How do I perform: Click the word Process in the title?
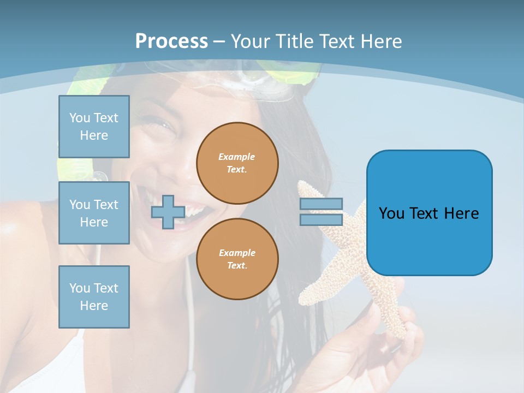click(x=171, y=41)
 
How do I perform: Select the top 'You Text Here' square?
click(x=94, y=127)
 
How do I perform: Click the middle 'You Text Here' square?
click(x=94, y=213)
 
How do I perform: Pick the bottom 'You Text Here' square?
click(x=94, y=296)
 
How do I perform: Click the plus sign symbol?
click(x=168, y=212)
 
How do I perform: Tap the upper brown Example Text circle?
click(x=237, y=163)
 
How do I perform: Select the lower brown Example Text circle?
click(x=237, y=259)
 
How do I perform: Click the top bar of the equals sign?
click(x=321, y=204)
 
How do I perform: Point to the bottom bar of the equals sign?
click(x=321, y=219)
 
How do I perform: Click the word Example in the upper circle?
click(x=236, y=157)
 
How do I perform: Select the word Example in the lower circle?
click(x=236, y=253)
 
